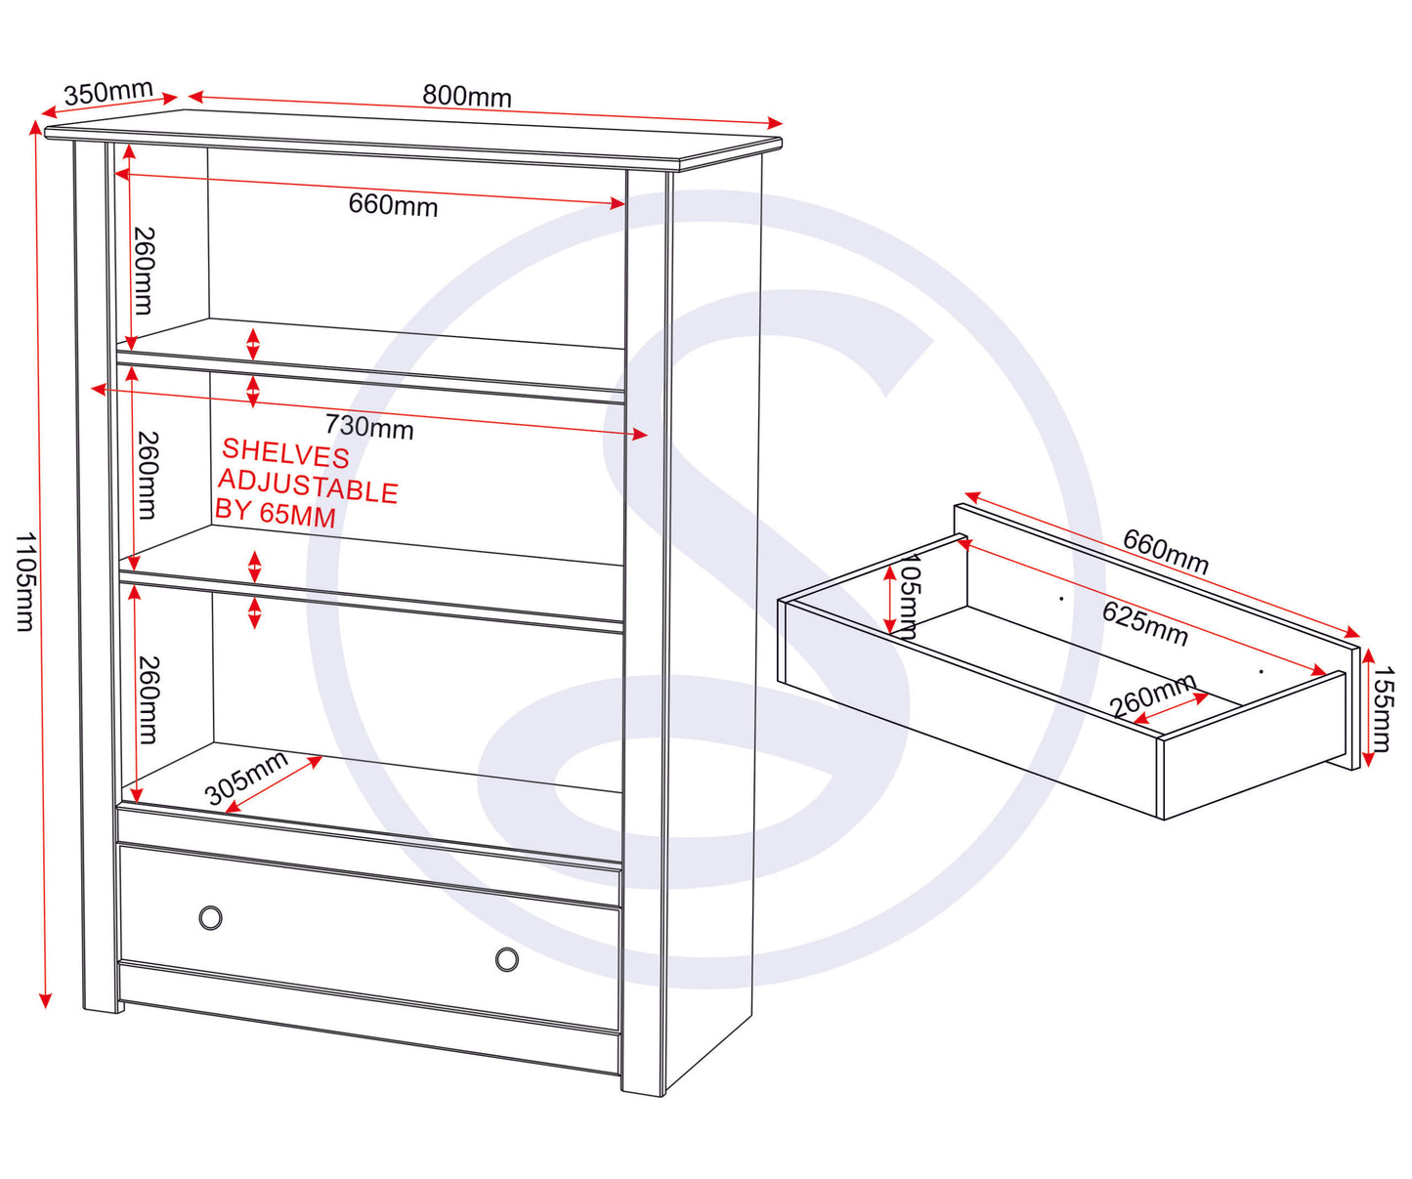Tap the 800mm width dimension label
click(467, 96)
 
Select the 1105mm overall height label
click(25, 581)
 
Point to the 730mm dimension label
click(369, 427)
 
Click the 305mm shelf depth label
click(246, 779)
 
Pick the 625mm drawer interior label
click(1145, 623)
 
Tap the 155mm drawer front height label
click(1383, 709)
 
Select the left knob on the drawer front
click(210, 917)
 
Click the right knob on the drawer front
click(507, 958)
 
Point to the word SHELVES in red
click(285, 453)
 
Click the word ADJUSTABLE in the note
click(308, 486)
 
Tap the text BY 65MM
click(276, 513)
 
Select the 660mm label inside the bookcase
click(393, 205)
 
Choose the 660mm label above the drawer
click(1165, 552)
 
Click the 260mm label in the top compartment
click(144, 271)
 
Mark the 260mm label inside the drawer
click(1152, 695)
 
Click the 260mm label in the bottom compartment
click(149, 699)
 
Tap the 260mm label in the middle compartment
click(147, 476)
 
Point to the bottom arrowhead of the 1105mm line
click(45, 1000)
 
